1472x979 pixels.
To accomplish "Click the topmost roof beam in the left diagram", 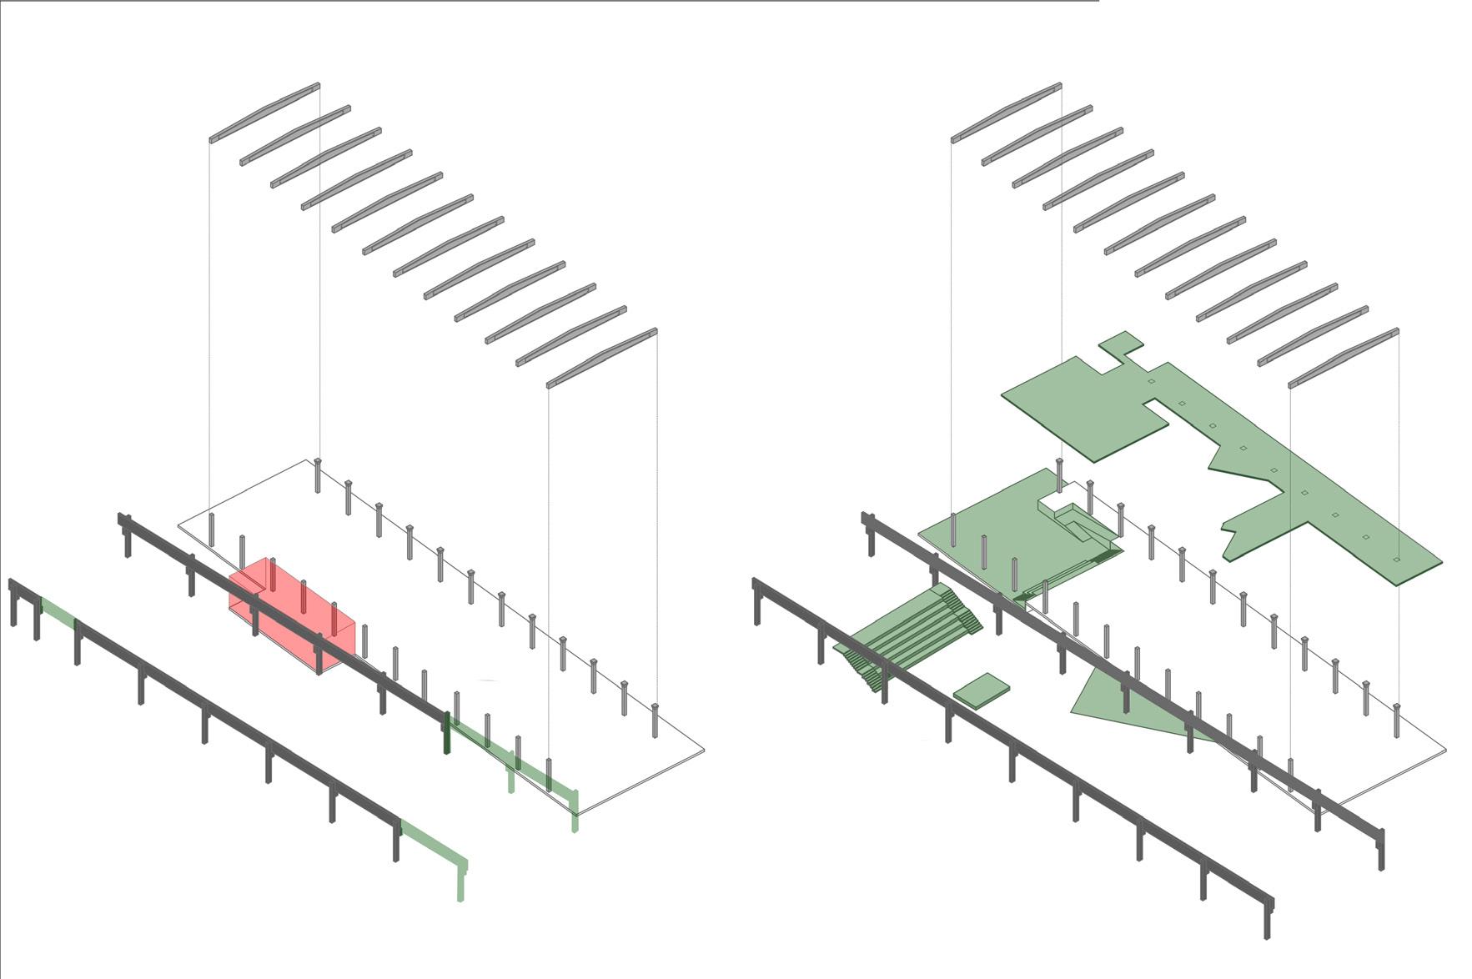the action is click(x=264, y=112).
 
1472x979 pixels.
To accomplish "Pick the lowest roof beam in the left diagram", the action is click(x=601, y=358).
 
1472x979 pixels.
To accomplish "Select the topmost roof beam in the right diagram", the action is click(x=1006, y=112).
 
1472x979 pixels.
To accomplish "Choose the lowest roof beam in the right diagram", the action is click(x=1343, y=358).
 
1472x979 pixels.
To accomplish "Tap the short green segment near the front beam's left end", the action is click(x=58, y=614).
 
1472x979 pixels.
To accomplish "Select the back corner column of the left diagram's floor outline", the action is click(x=318, y=475).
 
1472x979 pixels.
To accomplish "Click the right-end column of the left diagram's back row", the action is click(x=655, y=721).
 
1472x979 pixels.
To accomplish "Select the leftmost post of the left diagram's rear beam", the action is click(x=128, y=538).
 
